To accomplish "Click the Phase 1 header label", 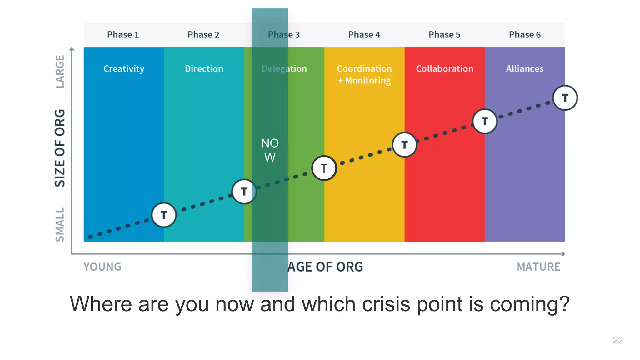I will pyautogui.click(x=123, y=35).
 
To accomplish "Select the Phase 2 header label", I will pyautogui.click(x=203, y=35).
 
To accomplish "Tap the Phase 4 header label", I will pyautogui.click(x=364, y=35).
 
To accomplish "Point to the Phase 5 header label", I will pyautogui.click(x=444, y=35).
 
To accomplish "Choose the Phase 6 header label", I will pyautogui.click(x=525, y=35).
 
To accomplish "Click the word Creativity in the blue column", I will pyautogui.click(x=124, y=69).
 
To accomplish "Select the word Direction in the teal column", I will pyautogui.click(x=204, y=69).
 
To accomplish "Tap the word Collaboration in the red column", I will pyautogui.click(x=445, y=69).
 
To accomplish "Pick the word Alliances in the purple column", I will pyautogui.click(x=525, y=69).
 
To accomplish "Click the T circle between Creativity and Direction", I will pyautogui.click(x=164, y=215).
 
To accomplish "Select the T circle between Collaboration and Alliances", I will pyautogui.click(x=485, y=121).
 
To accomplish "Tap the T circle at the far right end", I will pyautogui.click(x=565, y=98).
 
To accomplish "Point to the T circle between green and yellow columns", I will pyautogui.click(x=324, y=168).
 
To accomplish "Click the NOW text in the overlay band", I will pyautogui.click(x=270, y=150).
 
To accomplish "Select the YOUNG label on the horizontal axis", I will pyautogui.click(x=102, y=267).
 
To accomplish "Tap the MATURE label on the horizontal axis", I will pyautogui.click(x=538, y=267).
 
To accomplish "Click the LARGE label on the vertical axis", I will pyautogui.click(x=60, y=72).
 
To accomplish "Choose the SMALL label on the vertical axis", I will pyautogui.click(x=60, y=225).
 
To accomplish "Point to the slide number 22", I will pyautogui.click(x=618, y=340).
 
